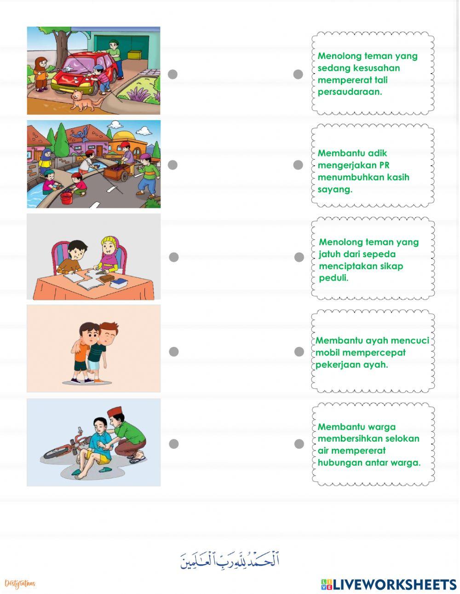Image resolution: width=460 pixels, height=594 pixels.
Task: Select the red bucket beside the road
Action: pos(66,198)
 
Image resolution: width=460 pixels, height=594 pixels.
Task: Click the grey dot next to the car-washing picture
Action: pos(172,75)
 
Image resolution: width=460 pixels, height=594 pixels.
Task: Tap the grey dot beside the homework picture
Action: pos(173,257)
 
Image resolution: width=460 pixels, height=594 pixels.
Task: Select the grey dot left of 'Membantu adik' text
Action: pos(298,165)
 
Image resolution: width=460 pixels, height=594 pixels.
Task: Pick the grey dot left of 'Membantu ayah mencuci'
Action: pos(299,352)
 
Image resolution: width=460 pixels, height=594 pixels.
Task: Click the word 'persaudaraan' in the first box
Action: pos(350,92)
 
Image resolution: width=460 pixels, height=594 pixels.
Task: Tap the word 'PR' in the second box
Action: pos(384,165)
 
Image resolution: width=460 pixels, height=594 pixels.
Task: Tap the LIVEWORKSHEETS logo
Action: pos(388,584)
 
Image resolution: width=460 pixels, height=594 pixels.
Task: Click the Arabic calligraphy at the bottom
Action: pos(230,560)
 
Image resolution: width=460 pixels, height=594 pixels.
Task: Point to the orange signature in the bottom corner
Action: pos(20,583)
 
